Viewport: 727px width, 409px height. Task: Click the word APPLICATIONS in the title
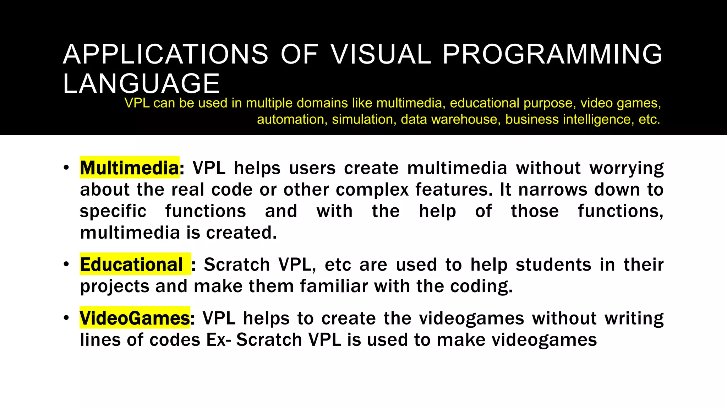tap(165, 54)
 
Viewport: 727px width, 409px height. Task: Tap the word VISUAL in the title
tap(381, 54)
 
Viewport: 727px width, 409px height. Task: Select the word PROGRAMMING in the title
tap(552, 54)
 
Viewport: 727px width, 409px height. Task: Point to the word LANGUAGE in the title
tap(141, 83)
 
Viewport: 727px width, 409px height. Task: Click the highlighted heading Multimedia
tap(129, 168)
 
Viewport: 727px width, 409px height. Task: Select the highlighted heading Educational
tap(131, 265)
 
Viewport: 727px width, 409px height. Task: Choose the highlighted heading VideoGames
tap(135, 318)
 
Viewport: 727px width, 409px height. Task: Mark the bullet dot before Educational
tap(66, 265)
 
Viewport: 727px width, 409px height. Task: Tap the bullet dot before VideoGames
tap(66, 318)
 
